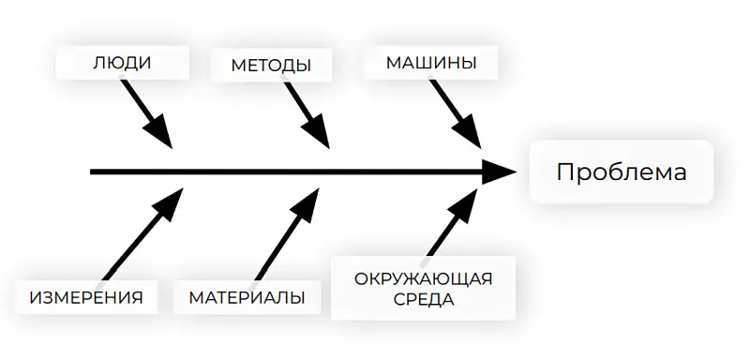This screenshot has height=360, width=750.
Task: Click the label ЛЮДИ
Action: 122,64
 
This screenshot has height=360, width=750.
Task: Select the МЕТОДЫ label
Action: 272,66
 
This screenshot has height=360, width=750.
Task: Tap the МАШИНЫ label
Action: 431,64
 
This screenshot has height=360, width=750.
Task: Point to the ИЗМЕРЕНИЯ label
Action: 86,298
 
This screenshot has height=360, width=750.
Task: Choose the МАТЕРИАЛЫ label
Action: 247,298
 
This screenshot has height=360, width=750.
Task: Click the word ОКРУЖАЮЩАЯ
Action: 424,278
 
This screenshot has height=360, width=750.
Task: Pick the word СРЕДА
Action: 424,300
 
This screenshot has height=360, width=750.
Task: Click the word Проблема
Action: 621,172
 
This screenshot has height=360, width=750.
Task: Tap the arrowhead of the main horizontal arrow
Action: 500,172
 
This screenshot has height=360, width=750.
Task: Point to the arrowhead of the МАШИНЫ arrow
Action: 471,135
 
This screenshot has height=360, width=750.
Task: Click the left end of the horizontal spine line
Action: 92,172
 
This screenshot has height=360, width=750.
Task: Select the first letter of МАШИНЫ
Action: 395,64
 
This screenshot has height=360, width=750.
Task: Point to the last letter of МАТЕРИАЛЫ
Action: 297,298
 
